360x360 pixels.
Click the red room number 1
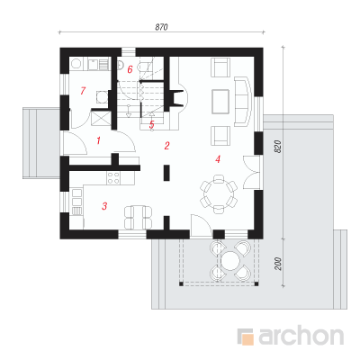point(98,140)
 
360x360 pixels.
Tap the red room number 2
point(167,146)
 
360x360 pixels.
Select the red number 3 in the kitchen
point(104,206)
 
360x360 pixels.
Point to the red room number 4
point(218,159)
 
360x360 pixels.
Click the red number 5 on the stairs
point(152,124)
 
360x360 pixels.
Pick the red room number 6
point(130,69)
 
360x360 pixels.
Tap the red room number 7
point(83,90)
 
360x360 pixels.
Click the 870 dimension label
point(161,27)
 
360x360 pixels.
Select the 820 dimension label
point(278,147)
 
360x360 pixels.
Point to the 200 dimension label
point(278,264)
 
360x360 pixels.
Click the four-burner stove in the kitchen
point(113,177)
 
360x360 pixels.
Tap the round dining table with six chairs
point(219,193)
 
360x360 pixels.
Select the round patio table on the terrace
point(230,260)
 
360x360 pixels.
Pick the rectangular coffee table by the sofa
point(220,102)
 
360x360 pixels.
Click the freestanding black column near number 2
point(166,173)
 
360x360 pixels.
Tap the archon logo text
point(301,336)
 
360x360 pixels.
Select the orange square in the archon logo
point(247,338)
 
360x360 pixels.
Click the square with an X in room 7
point(100,117)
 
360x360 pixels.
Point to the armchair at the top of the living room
point(220,67)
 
